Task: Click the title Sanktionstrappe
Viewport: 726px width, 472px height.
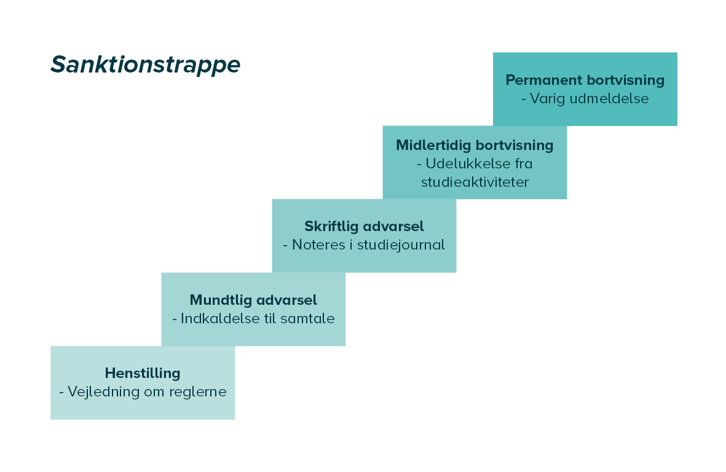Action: (x=146, y=65)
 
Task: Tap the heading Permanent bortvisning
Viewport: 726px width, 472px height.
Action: (x=585, y=80)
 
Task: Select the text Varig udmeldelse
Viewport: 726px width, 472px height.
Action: (x=589, y=98)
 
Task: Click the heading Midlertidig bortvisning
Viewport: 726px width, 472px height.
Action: (x=475, y=145)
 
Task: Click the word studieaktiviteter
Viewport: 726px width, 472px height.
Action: (x=475, y=183)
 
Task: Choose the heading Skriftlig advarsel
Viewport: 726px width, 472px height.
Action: (x=364, y=226)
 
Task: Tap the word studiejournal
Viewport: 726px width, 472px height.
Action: (x=401, y=245)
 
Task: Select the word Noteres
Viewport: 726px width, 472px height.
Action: (x=319, y=245)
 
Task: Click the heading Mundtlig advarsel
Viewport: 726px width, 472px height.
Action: (x=253, y=301)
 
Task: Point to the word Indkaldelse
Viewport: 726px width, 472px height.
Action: (x=220, y=318)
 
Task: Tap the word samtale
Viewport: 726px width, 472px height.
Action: (x=307, y=318)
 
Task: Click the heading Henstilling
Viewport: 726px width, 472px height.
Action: (x=143, y=374)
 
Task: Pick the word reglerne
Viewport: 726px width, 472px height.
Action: (x=198, y=392)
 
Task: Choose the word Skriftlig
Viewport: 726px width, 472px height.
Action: (x=331, y=226)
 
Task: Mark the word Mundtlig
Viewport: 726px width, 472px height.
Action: (x=220, y=301)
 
